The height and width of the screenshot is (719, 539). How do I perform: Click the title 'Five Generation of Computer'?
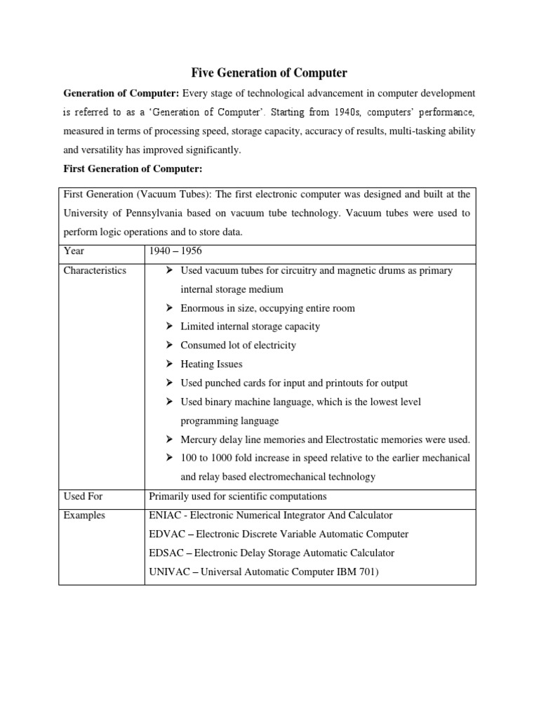pyautogui.click(x=269, y=72)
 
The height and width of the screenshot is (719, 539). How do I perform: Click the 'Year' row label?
pyautogui.click(x=74, y=252)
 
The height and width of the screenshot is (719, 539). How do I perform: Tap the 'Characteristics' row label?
pyautogui.click(x=95, y=270)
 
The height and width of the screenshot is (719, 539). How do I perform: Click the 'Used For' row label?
pyautogui.click(x=83, y=496)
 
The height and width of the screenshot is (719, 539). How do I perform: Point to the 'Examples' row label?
pyautogui.click(x=84, y=515)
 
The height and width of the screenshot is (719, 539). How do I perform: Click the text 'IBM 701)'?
pyautogui.click(x=358, y=572)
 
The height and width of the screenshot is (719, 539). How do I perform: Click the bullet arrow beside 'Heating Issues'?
pyautogui.click(x=170, y=364)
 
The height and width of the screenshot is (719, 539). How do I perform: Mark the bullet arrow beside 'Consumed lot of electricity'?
pyautogui.click(x=170, y=345)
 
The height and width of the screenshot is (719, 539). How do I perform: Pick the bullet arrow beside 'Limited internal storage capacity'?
pyautogui.click(x=170, y=326)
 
